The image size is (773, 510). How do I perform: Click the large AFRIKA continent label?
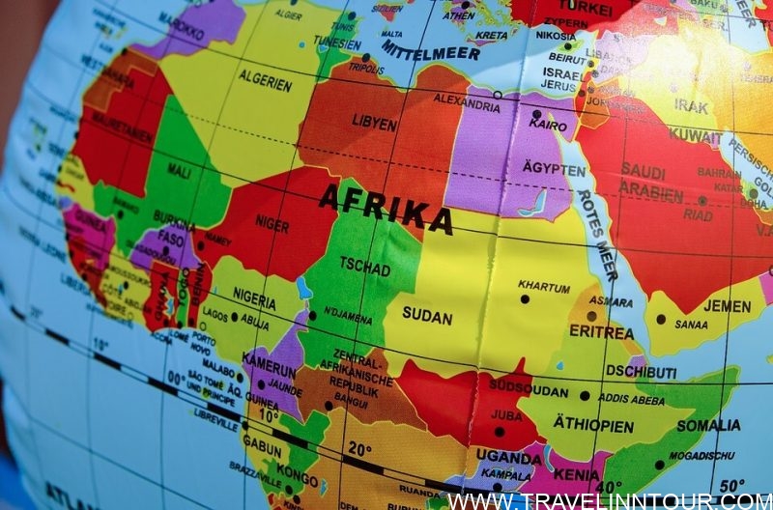(x=386, y=209)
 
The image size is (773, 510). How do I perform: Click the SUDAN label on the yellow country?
(x=427, y=315)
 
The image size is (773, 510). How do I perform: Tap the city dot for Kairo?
(x=536, y=114)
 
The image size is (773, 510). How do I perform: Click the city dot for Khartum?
(x=525, y=298)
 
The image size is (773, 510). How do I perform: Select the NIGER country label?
(x=272, y=225)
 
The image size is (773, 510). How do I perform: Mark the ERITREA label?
(x=601, y=332)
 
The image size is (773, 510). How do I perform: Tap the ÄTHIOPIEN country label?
(x=593, y=425)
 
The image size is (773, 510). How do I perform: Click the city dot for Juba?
(x=500, y=431)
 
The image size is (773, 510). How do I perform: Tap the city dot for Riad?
(x=702, y=201)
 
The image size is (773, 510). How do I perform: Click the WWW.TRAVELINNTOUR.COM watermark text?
(x=609, y=500)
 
